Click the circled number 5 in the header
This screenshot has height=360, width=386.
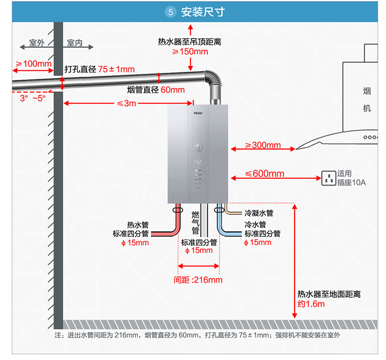171,12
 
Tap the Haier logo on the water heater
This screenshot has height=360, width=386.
198,113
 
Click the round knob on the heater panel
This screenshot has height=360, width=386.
198,147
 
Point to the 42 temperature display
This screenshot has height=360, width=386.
198,162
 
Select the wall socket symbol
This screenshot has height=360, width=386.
329,178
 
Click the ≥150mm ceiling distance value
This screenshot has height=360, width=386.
190,52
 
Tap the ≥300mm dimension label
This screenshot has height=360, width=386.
263,145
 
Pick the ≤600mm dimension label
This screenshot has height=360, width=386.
265,173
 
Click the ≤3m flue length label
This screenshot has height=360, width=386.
127,104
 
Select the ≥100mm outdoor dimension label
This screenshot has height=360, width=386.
34,64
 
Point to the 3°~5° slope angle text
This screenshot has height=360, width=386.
33,99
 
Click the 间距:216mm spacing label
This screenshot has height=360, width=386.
198,280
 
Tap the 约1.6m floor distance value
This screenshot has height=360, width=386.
311,304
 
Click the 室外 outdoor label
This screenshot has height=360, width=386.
37,43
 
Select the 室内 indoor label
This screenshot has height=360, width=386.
75,43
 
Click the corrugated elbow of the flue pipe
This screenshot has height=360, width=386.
214,78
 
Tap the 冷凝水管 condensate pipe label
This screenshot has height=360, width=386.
259,213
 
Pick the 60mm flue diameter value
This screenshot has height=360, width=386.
172,90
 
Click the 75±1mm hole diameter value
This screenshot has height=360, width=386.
116,69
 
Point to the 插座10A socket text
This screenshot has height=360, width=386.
351,183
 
